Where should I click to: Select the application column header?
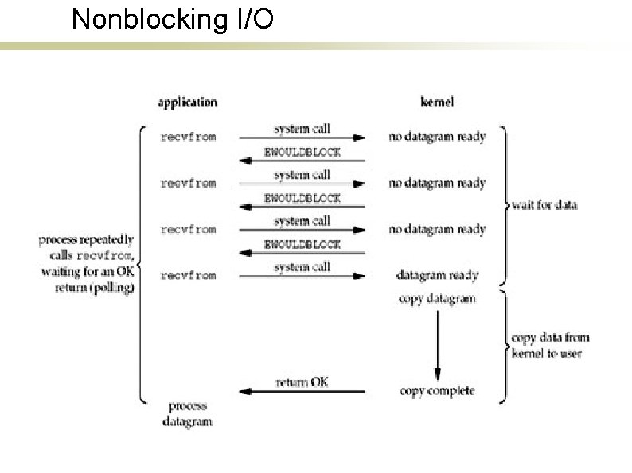click(186, 102)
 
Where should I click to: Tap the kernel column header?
click(437, 102)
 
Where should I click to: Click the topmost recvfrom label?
click(188, 137)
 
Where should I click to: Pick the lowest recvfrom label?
click(188, 276)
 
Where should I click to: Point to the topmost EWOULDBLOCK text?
click(302, 151)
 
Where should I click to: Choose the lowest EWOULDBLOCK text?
click(302, 244)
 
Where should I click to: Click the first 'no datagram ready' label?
click(437, 137)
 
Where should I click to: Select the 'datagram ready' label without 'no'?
click(437, 276)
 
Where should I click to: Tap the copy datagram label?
click(437, 299)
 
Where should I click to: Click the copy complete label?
click(437, 390)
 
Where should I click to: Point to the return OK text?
click(302, 382)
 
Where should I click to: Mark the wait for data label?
click(545, 205)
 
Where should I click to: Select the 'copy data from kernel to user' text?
click(550, 345)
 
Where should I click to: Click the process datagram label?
click(188, 413)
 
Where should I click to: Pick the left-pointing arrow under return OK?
click(302, 392)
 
